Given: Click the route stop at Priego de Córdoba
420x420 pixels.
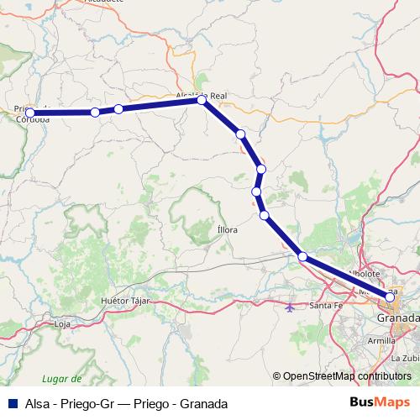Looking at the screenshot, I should [x=30, y=113].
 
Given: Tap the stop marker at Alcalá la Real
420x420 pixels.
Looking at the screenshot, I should [x=202, y=100].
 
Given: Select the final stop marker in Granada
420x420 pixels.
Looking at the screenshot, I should [x=390, y=297].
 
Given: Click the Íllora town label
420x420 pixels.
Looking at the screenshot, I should [x=228, y=228].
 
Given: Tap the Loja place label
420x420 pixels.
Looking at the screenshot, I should [x=62, y=323].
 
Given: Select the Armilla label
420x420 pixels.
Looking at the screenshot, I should [x=381, y=341].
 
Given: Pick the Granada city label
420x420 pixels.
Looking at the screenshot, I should [x=397, y=320].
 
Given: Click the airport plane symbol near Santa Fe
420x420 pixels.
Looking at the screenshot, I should [x=291, y=307].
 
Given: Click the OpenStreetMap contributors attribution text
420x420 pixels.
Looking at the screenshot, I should [x=347, y=377].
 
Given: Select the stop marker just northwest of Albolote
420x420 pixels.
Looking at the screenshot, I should [x=302, y=257].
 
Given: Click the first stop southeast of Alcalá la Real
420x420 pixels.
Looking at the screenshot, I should [x=241, y=134].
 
